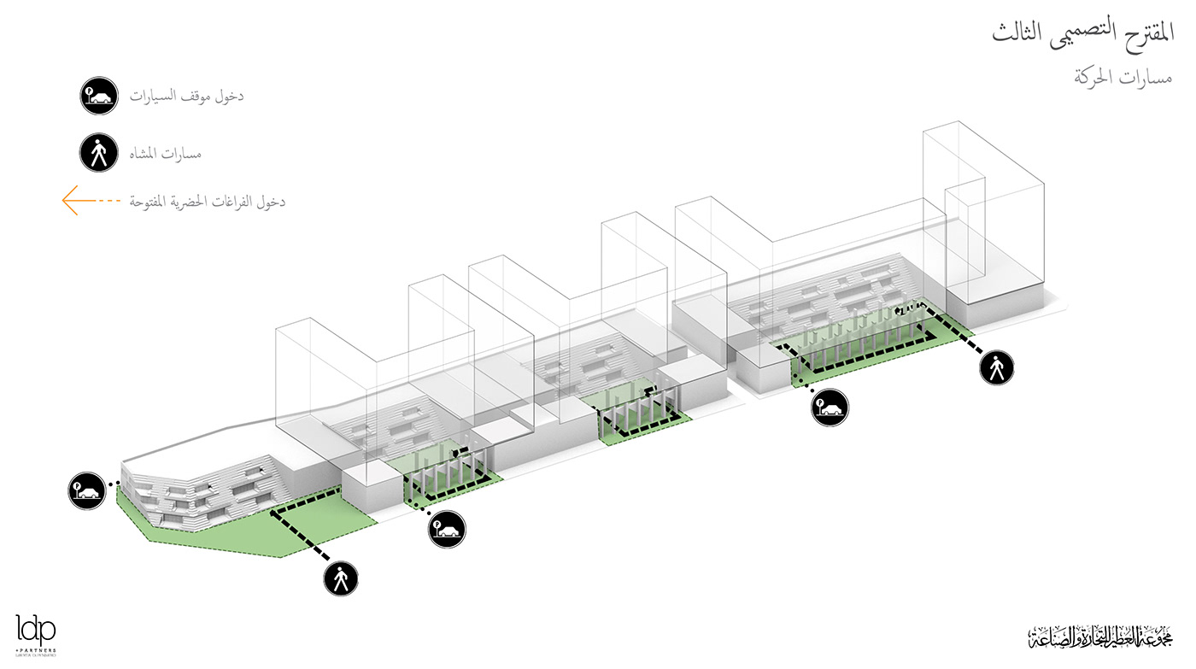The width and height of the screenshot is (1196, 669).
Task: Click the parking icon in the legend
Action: pos(98,97)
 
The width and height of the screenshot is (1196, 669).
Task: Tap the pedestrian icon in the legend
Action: pos(98,154)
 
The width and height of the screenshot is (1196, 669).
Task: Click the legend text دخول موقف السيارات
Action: pos(187,97)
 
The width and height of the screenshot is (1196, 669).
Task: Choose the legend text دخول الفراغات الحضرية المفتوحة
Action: pos(207,202)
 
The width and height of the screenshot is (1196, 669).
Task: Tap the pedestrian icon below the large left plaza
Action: pos(340,578)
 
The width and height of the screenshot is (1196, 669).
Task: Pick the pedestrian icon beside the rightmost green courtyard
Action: pos(996,368)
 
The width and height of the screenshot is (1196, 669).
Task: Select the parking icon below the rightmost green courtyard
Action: pos(830,406)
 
